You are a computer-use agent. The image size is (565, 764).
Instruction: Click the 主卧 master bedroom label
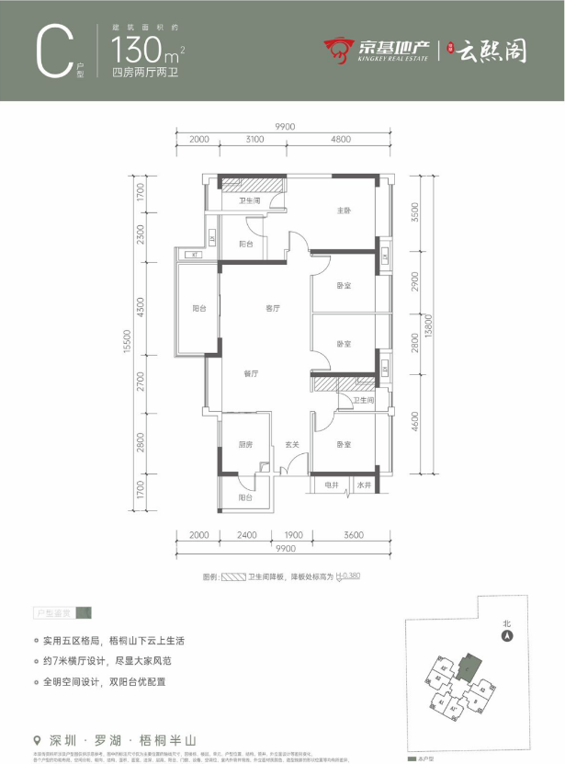(x=344, y=211)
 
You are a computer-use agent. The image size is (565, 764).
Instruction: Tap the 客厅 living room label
(x=273, y=309)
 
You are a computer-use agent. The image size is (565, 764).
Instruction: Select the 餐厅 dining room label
(x=250, y=374)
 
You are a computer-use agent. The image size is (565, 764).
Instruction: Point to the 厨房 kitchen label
(x=244, y=444)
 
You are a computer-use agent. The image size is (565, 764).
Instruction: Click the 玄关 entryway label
(x=291, y=444)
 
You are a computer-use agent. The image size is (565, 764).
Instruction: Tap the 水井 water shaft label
(x=364, y=485)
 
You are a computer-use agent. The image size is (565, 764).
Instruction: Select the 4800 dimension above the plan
(x=341, y=140)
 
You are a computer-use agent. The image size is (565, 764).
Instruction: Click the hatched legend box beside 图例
(x=234, y=578)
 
